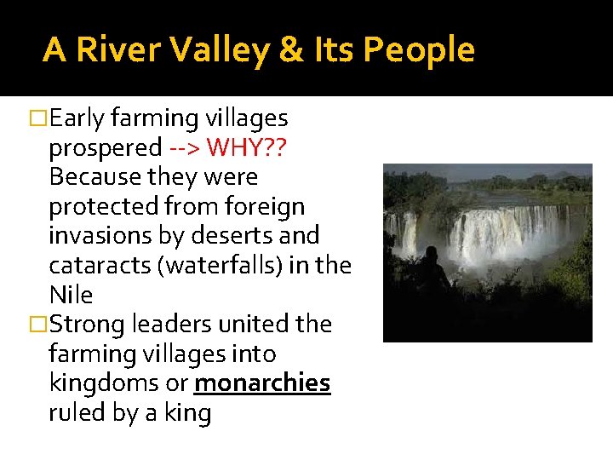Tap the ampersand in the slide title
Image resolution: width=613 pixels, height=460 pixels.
coord(290,50)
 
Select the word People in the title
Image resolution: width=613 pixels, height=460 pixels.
coord(418,50)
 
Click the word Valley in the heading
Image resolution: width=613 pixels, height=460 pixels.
coord(224,50)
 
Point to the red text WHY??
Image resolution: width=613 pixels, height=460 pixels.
coord(247,148)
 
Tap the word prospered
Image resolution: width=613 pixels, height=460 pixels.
coord(105,148)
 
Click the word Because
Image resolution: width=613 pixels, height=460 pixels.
coord(96,177)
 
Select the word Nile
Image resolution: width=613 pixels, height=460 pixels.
coord(71,295)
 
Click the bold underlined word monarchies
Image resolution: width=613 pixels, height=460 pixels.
coord(261,383)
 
